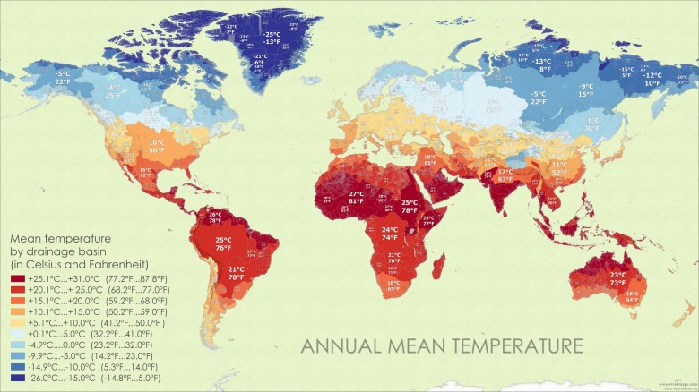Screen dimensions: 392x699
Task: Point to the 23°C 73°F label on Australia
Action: [617, 278]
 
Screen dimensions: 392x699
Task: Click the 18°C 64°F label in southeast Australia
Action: [632, 297]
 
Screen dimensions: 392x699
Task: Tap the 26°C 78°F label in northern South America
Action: [215, 217]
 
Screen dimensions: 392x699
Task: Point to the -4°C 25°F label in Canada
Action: [114, 90]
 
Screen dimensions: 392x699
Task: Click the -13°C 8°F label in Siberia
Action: [543, 64]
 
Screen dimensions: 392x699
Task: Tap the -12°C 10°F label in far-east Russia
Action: [652, 79]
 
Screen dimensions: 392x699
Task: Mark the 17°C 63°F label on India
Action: [505, 175]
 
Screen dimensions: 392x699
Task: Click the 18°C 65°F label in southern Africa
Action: [393, 285]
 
